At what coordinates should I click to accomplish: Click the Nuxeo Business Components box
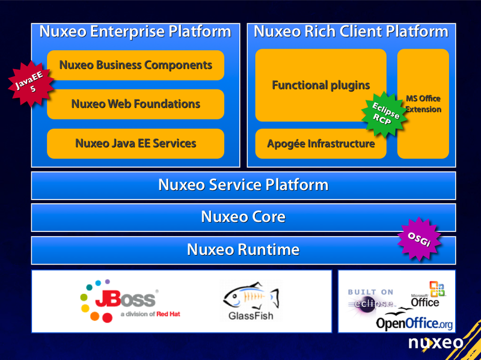135,65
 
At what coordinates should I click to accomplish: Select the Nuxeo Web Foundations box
135,104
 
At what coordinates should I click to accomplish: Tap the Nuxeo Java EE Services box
135,144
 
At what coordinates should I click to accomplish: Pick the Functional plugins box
320,85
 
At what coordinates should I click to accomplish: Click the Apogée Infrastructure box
320,144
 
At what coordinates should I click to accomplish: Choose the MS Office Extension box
423,103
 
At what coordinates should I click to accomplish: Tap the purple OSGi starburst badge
420,239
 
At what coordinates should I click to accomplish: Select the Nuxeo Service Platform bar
243,185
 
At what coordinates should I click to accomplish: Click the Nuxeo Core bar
243,217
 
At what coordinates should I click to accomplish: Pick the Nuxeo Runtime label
243,249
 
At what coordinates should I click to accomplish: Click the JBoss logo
129,301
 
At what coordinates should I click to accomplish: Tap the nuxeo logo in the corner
436,343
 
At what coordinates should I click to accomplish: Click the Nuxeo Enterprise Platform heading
135,32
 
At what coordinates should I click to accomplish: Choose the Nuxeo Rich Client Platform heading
351,32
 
